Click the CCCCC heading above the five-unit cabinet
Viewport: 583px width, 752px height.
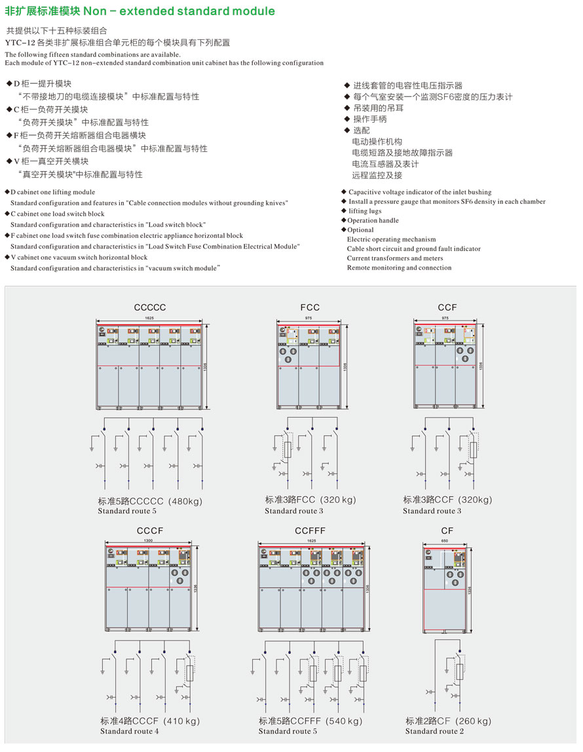coord(150,307)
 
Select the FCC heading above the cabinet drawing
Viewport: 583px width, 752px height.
coord(310,307)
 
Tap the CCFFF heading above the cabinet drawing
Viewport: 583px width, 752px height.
coord(310,530)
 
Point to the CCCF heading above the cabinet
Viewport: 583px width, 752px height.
coord(150,530)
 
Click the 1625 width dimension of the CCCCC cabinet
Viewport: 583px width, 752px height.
coord(150,318)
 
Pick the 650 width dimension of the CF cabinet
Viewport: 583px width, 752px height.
coord(445,541)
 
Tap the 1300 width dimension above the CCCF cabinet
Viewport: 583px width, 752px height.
coord(150,541)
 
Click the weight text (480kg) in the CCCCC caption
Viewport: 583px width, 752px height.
coord(186,502)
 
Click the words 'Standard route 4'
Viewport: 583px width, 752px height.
coord(130,731)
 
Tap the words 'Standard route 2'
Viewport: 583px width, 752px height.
coord(434,731)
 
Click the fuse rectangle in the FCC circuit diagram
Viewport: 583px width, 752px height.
coord(288,450)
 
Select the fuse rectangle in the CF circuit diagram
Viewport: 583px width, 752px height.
coord(460,669)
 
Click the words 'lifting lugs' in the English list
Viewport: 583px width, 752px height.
coord(365,211)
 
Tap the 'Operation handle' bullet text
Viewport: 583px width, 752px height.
coord(373,220)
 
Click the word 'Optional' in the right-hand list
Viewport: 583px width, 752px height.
coord(360,230)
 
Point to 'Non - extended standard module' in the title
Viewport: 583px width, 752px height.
coord(179,11)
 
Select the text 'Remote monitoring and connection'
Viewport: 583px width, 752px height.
coord(399,267)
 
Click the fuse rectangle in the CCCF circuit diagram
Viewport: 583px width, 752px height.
coord(189,673)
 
